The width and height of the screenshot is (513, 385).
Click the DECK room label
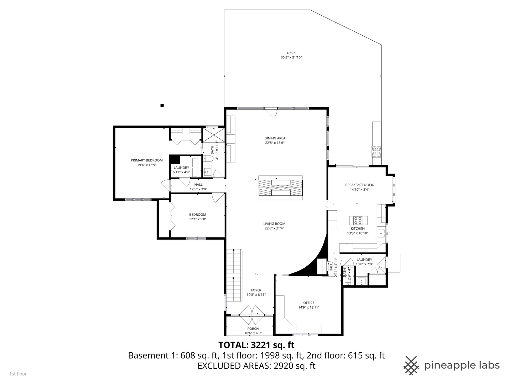pyautogui.click(x=291, y=53)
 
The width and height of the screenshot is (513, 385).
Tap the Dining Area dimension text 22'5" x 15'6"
pyautogui.click(x=275, y=143)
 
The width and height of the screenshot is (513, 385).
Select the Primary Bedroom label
pyautogui.click(x=146, y=160)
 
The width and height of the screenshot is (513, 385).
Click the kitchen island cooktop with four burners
pyautogui.click(x=358, y=220)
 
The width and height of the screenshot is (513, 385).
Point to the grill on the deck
pyautogui.click(x=377, y=152)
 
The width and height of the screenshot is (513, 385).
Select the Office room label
pyautogui.click(x=309, y=303)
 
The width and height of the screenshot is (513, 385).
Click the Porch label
pyautogui.click(x=253, y=329)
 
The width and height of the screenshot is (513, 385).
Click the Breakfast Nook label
pyautogui.click(x=359, y=185)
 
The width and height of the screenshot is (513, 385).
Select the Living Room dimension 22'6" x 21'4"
pyautogui.click(x=274, y=229)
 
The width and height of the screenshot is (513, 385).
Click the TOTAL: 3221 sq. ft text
pyautogui.click(x=256, y=345)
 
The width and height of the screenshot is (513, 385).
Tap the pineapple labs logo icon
pyautogui.click(x=411, y=365)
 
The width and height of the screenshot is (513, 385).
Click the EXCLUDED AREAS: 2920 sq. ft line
pyautogui.click(x=256, y=366)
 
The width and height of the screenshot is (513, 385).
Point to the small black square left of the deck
pyautogui.click(x=162, y=105)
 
